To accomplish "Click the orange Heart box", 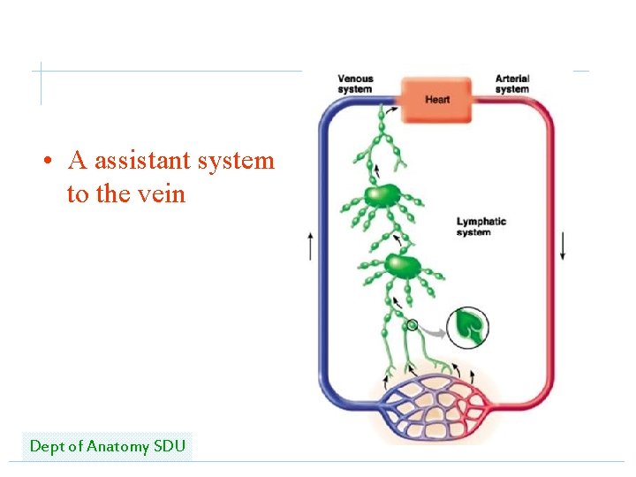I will (437, 100).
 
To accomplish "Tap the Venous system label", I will (355, 84).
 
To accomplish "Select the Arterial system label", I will (512, 84).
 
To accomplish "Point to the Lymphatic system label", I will (481, 227).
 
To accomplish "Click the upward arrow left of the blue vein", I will (310, 246).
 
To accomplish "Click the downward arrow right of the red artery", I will (563, 246).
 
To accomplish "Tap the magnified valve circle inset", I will (467, 327).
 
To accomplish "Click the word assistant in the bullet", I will (141, 161).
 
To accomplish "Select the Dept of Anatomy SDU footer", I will (107, 446).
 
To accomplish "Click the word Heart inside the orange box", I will (437, 100).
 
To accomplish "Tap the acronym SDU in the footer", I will (170, 446).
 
